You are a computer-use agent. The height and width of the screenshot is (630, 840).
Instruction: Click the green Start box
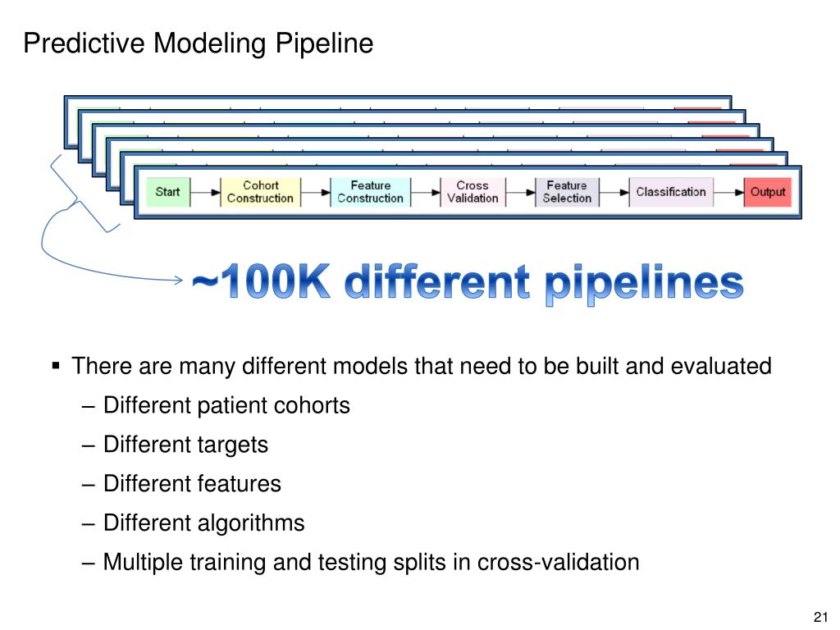tap(167, 192)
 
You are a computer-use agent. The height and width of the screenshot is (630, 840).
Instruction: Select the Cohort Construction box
tap(260, 192)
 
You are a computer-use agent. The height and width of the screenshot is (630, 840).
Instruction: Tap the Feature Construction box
tap(370, 192)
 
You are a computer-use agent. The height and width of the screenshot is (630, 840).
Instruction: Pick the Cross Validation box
tap(472, 192)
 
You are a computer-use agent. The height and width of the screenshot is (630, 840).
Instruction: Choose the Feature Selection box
tap(566, 192)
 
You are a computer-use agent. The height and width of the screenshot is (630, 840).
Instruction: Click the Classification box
tap(670, 192)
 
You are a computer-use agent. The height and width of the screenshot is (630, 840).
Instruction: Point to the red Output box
tap(767, 192)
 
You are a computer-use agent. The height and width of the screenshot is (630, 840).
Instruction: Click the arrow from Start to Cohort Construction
tap(205, 192)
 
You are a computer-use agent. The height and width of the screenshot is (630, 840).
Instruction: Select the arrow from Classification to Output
tap(728, 192)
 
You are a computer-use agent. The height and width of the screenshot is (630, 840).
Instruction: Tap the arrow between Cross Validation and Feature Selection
tap(520, 192)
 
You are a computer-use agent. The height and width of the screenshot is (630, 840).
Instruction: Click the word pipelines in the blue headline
tap(644, 285)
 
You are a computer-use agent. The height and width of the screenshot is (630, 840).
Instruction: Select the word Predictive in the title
tap(84, 43)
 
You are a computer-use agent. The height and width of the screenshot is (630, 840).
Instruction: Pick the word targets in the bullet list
tap(232, 445)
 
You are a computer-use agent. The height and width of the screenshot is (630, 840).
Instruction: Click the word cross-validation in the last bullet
tap(558, 563)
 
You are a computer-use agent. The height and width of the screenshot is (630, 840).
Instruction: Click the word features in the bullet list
tap(239, 484)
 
